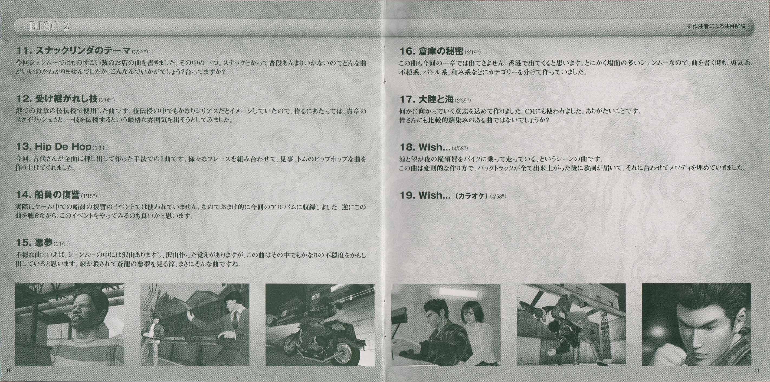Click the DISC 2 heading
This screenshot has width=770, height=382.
tap(49, 27)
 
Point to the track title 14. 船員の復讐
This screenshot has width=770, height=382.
tap(48, 195)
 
